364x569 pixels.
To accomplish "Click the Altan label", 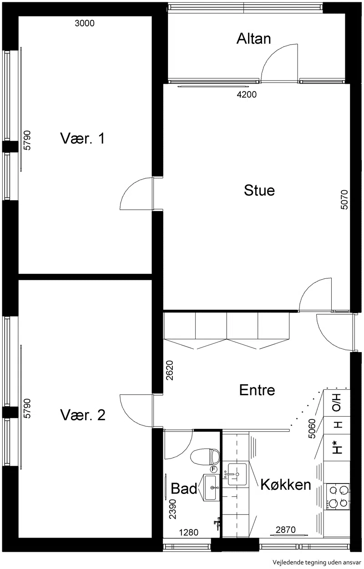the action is (x=253, y=39).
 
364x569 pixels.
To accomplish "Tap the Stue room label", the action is (x=259, y=191).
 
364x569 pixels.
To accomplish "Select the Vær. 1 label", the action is (x=82, y=138).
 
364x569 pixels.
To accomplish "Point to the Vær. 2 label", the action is (x=83, y=415).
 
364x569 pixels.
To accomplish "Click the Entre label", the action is (x=257, y=390).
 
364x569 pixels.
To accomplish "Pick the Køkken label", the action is (x=286, y=484).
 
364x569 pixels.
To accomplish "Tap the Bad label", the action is (x=184, y=488).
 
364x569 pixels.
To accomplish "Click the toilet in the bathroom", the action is (x=205, y=457).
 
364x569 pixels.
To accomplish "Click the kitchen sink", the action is (x=237, y=474).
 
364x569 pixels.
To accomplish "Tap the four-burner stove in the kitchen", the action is (x=338, y=496).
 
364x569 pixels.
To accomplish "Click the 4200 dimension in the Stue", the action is (x=247, y=95).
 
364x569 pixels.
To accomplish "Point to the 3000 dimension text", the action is (x=85, y=23).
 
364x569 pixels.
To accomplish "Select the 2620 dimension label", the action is (x=169, y=370).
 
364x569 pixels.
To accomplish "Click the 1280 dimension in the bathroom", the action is (x=189, y=532).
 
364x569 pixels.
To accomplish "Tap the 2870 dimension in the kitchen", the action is (x=286, y=529).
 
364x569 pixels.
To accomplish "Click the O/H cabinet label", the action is (x=337, y=406).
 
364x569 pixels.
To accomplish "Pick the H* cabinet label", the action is (x=337, y=448).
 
